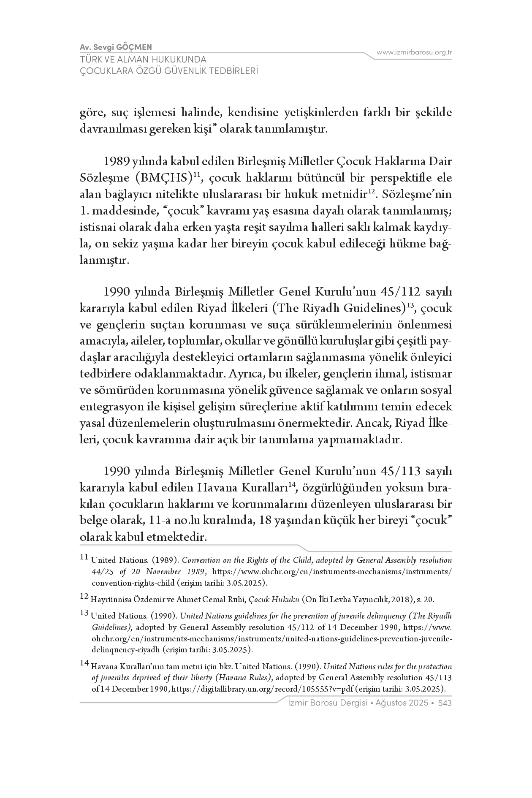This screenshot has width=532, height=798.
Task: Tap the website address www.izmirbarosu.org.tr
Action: (x=414, y=52)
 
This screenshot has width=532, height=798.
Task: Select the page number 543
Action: (x=445, y=703)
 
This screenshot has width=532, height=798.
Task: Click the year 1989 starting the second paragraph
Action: (x=117, y=161)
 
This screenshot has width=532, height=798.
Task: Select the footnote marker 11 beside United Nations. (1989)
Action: (x=84, y=557)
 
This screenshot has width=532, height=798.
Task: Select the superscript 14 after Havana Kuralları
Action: (x=291, y=485)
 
